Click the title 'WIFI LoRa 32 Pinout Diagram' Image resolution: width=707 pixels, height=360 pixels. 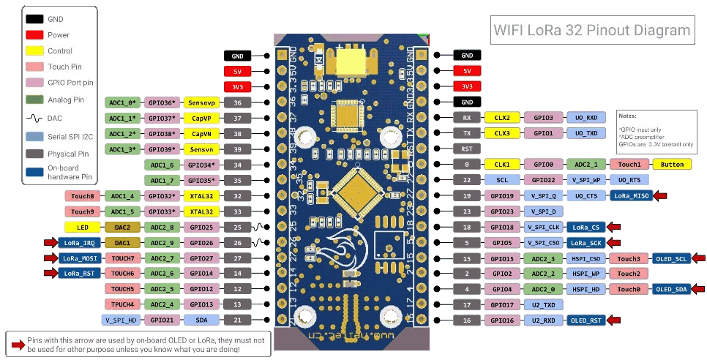(x=592, y=31)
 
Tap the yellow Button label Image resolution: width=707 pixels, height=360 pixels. (x=672, y=165)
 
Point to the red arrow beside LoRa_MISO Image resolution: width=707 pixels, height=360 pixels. (x=660, y=196)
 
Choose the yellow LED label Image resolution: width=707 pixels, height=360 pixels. (x=82, y=228)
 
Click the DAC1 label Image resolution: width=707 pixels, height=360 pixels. (x=121, y=242)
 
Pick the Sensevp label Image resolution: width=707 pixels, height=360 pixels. (x=202, y=102)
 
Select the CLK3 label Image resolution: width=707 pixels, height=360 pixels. (x=502, y=133)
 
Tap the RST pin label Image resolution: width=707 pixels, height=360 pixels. (x=467, y=149)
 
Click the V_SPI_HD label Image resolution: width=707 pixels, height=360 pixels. (x=121, y=320)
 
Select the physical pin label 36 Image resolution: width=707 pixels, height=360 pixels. (x=237, y=102)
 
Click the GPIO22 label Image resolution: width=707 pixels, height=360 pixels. (x=543, y=180)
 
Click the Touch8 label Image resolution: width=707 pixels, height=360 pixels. (x=82, y=196)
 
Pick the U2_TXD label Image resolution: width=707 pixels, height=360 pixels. (x=543, y=304)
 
